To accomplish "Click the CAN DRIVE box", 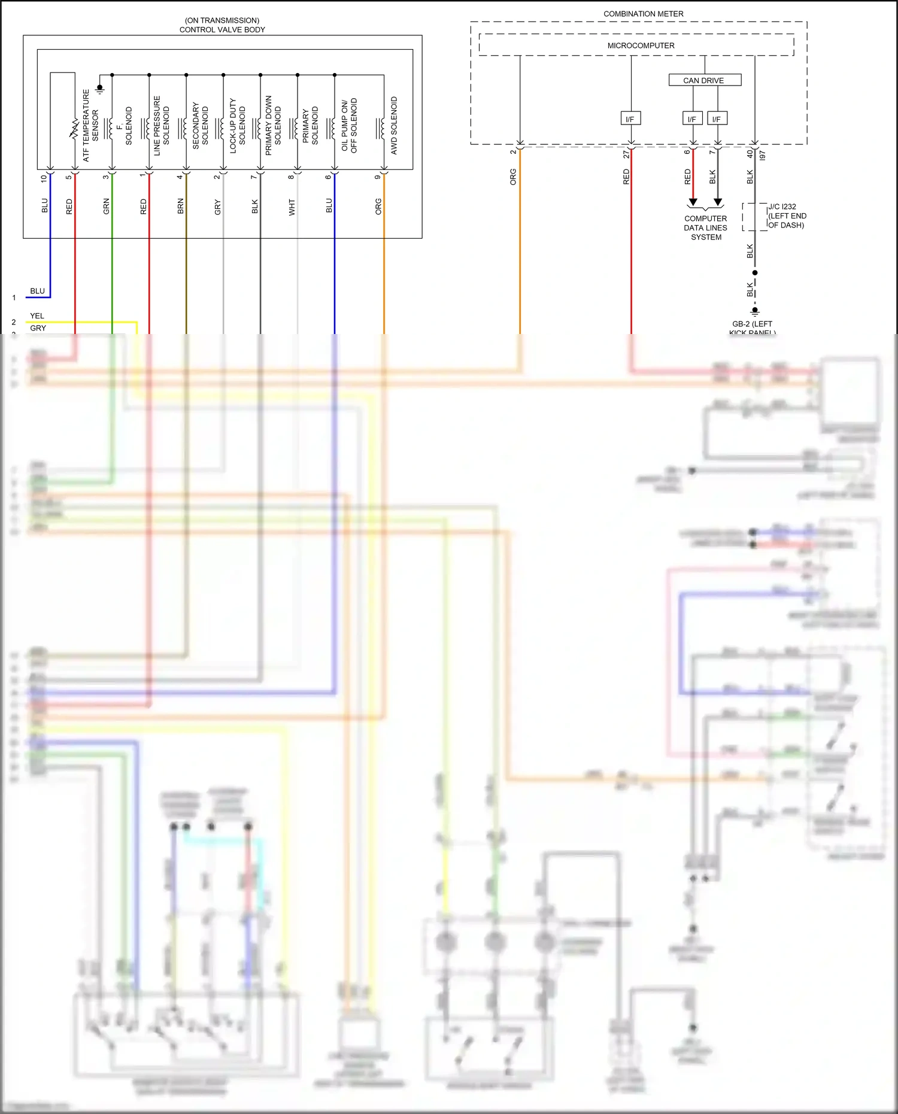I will (x=704, y=80).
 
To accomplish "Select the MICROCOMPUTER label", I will (x=641, y=45).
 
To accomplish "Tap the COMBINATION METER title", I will (x=643, y=14).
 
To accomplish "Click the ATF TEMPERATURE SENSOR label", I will (x=90, y=126).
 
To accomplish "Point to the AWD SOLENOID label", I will (x=394, y=126).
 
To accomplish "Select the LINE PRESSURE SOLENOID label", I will (x=162, y=126).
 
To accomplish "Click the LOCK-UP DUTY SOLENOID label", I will (x=238, y=126).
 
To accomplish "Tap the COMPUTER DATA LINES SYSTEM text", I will (x=706, y=228).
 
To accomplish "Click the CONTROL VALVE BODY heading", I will (x=222, y=29).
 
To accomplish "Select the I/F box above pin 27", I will (x=630, y=119).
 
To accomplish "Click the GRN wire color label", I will (x=107, y=207).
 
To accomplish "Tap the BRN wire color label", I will (x=181, y=207).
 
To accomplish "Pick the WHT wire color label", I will (x=292, y=207).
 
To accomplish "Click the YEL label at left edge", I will (x=37, y=315).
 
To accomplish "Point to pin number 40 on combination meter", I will (x=750, y=154).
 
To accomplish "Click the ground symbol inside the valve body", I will (x=100, y=89).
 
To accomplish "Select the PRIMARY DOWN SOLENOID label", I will (x=273, y=126).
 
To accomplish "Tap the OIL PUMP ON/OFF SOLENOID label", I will (x=349, y=126).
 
